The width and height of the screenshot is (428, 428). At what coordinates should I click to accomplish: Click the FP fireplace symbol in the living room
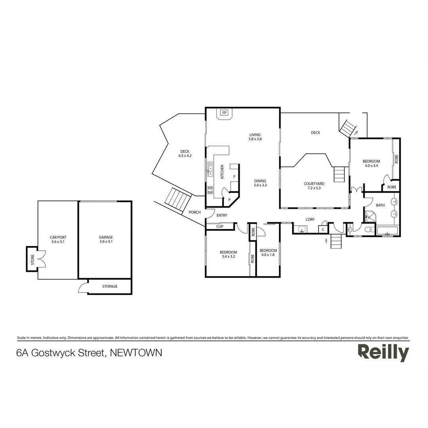tap(224, 113)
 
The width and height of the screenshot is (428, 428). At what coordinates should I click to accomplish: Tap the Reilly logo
tap(383, 352)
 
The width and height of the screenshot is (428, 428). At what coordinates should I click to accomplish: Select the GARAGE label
tap(106, 237)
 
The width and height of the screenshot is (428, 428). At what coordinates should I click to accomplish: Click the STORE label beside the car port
tap(32, 259)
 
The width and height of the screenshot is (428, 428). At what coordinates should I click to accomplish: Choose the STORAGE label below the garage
tap(110, 287)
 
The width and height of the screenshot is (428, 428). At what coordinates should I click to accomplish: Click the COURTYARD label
tap(314, 184)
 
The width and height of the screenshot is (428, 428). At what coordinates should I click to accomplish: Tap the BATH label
tap(380, 205)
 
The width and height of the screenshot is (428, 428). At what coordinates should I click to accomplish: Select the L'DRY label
tap(310, 220)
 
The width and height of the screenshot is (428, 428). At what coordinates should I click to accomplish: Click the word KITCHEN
tap(222, 172)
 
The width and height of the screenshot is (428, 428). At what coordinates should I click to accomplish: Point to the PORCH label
tap(195, 212)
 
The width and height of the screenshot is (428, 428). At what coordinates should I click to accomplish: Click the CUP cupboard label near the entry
tap(220, 227)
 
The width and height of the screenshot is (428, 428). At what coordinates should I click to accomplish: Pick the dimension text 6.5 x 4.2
tap(185, 156)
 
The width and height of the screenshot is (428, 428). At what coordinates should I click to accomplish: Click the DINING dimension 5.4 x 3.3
tap(260, 185)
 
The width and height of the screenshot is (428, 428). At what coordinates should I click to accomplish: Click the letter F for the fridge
tap(234, 177)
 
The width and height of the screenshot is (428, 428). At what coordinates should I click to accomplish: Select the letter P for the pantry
tap(229, 199)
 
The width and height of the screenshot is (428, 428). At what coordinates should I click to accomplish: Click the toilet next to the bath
tap(369, 229)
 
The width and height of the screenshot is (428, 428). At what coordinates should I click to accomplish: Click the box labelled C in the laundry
tap(323, 229)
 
